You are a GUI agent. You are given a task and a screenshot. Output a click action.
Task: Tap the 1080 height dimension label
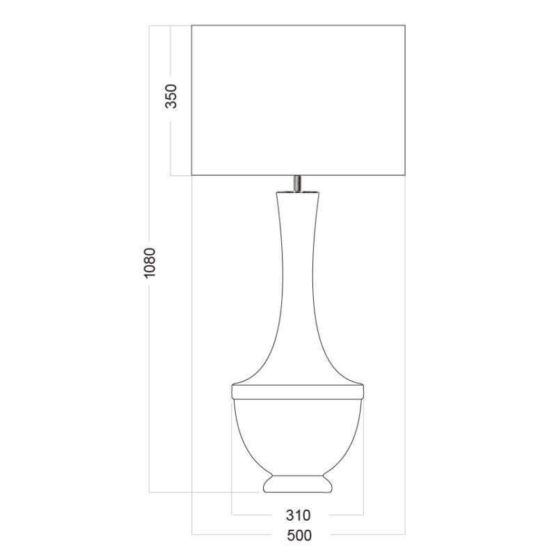150,262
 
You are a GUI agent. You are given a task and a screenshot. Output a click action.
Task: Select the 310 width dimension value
298,515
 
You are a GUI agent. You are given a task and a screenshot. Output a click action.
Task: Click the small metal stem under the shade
298,182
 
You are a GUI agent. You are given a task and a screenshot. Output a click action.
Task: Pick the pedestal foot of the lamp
298,484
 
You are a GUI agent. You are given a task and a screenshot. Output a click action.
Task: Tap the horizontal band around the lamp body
298,392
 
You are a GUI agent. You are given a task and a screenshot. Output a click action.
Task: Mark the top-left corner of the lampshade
192,26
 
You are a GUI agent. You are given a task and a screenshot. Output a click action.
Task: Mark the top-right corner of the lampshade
405,26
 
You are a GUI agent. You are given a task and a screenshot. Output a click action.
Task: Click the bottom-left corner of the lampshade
192,175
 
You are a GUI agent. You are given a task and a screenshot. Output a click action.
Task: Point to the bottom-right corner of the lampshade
405,175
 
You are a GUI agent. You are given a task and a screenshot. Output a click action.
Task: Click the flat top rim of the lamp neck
298,191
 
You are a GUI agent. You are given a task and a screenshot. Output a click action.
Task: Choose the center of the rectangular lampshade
299,101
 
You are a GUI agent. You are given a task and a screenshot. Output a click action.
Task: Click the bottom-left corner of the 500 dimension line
192,534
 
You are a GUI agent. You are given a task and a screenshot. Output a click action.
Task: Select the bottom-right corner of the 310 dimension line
363,515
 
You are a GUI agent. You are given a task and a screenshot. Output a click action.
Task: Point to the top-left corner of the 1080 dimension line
150,26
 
